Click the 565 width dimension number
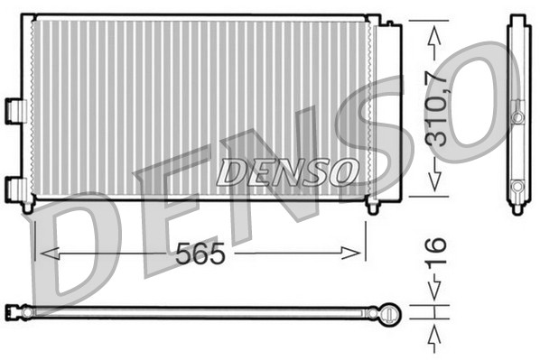tap(200, 254)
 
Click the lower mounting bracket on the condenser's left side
tap(15, 187)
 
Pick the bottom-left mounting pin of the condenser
tap(28, 208)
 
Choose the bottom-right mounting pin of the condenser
tap(372, 208)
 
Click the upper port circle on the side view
tap(517, 116)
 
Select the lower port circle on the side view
tap(517, 187)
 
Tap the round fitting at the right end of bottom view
tap(389, 313)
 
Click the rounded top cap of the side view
tap(517, 19)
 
